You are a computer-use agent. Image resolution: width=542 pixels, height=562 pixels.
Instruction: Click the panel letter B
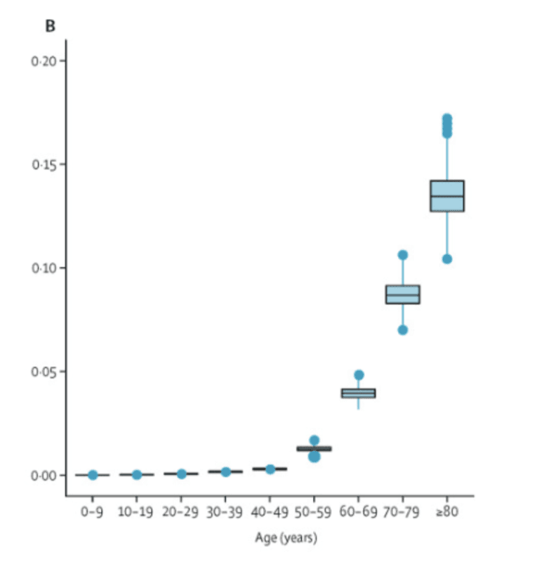coord(51,27)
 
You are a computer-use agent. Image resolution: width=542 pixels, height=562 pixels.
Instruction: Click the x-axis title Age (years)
coord(285,539)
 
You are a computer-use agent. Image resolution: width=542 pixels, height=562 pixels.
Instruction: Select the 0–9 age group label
coord(92,512)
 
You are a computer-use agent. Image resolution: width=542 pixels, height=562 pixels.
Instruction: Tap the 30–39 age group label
coord(225,512)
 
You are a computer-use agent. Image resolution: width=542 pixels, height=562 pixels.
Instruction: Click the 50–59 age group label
coord(314,512)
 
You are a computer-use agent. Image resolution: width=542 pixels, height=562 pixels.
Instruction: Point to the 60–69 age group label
coord(358,512)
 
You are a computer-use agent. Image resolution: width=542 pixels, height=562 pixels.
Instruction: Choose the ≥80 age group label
coord(447,512)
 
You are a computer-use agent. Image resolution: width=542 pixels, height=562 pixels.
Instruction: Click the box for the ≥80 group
coord(447,196)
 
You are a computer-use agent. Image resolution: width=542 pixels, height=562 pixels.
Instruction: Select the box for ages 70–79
coord(403,295)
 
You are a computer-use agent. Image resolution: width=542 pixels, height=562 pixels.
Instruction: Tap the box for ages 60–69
coord(359,393)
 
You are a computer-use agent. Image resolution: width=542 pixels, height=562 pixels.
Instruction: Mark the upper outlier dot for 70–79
coord(403,255)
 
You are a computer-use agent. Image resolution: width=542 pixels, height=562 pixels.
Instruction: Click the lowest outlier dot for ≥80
coord(447,259)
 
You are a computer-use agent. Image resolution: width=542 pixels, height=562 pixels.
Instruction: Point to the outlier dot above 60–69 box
coord(359,375)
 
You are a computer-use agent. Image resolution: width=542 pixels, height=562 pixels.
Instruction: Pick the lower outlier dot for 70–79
coord(403,330)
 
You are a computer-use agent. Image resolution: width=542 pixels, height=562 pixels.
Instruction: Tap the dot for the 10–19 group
coord(137,475)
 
